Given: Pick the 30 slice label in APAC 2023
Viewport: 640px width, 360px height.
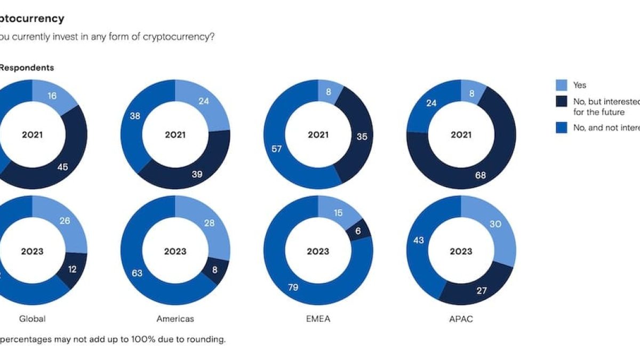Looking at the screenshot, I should click(495, 225).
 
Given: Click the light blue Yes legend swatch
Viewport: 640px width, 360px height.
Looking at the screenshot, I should click(561, 85).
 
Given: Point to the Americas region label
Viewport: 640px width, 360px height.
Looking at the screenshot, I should click(175, 319).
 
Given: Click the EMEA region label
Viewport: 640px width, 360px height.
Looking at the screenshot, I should click(318, 319).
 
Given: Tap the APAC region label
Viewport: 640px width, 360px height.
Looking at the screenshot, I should click(461, 319).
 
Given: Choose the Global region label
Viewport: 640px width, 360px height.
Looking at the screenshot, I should click(32, 319).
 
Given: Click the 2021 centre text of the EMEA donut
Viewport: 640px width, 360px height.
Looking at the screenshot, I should click(318, 135).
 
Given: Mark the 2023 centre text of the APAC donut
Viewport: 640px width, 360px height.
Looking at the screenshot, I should click(461, 252).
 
